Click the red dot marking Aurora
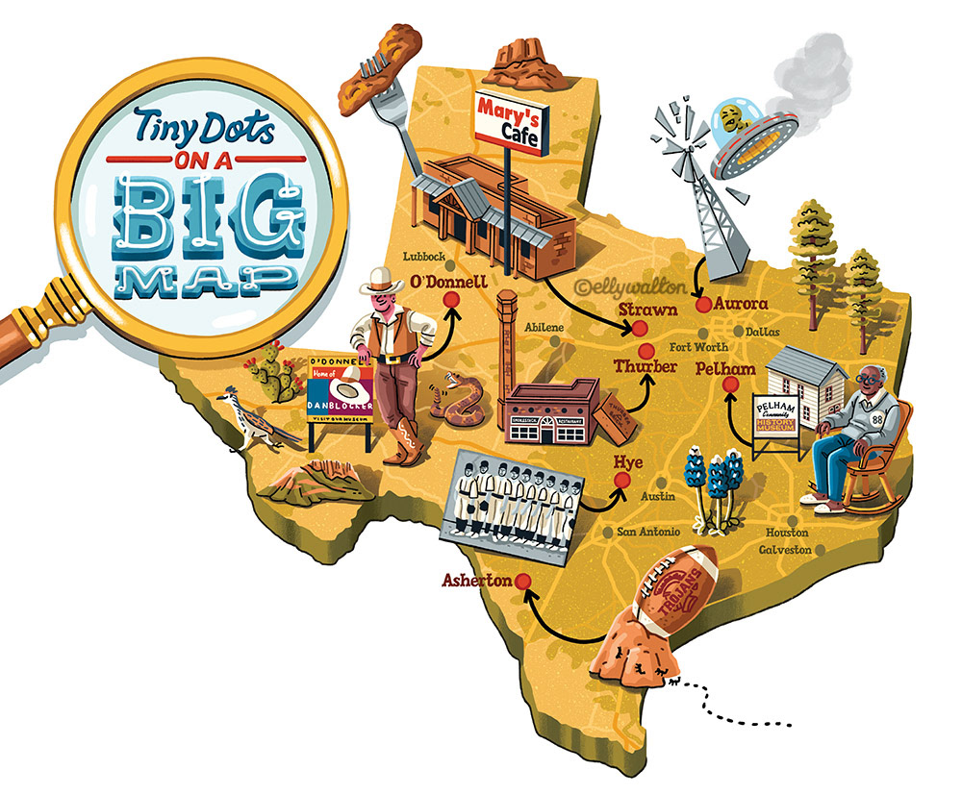pyautogui.click(x=702, y=304)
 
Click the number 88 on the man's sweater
pyautogui.click(x=876, y=419)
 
